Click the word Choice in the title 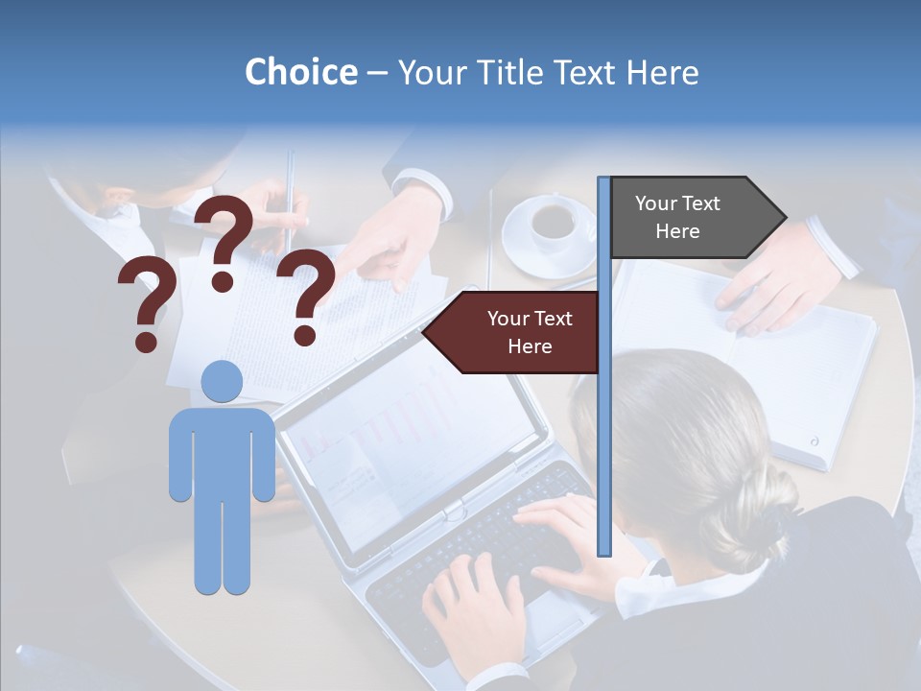(300, 72)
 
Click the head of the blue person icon (222, 382)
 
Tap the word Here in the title (663, 72)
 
